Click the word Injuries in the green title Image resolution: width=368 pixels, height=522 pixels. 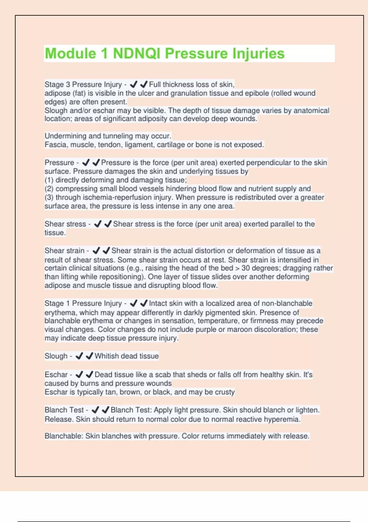(x=258, y=53)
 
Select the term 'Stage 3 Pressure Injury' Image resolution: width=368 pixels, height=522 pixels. (x=83, y=84)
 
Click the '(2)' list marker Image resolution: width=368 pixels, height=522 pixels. (x=49, y=189)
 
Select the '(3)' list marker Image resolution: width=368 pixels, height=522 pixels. (x=49, y=197)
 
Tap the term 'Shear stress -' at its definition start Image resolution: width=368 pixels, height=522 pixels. (x=67, y=224)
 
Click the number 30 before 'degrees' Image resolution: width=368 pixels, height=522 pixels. (x=246, y=268)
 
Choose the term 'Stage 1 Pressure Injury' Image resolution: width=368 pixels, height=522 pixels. (x=83, y=303)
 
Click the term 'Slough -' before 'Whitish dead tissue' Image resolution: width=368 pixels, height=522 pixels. (x=58, y=356)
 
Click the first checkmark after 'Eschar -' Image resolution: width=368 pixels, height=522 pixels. (x=79, y=375)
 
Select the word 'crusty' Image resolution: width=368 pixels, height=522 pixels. (x=224, y=392)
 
